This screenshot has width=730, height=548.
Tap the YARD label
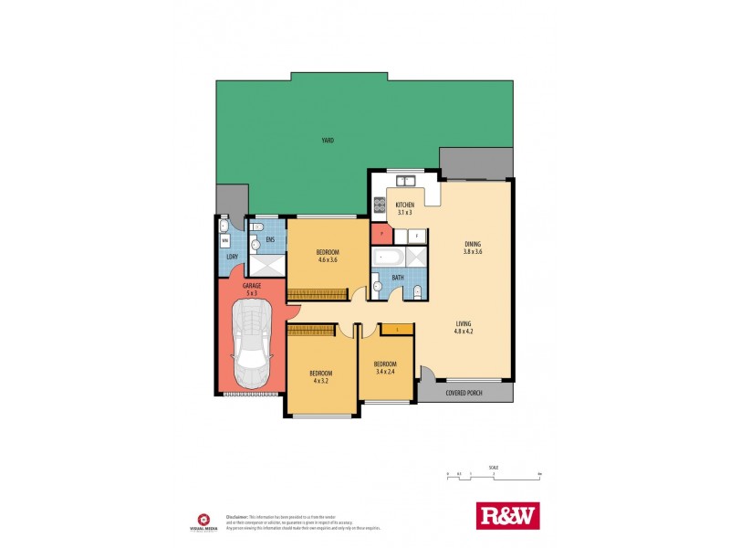click(x=327, y=141)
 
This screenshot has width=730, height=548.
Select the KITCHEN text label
click(x=405, y=205)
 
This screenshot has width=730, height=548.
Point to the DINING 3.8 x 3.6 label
click(x=473, y=244)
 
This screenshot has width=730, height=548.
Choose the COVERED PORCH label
click(x=464, y=394)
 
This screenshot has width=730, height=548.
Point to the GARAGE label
click(x=252, y=286)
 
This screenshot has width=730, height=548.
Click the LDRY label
click(x=232, y=257)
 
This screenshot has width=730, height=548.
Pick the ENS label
click(x=270, y=239)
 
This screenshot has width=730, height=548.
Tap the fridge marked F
click(x=416, y=236)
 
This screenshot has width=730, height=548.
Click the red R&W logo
click(x=508, y=516)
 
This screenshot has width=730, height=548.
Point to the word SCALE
click(x=494, y=465)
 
